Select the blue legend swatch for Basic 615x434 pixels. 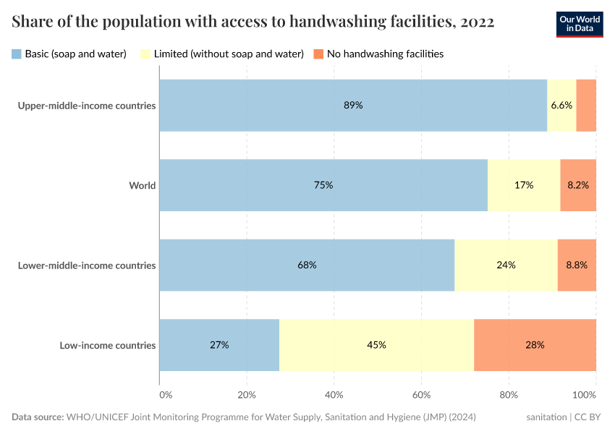coord(17,54)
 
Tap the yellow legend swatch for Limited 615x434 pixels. coord(145,54)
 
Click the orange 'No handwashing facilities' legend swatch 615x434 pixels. coord(318,54)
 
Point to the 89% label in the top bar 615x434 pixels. coord(353,105)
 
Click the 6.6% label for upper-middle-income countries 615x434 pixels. coord(561,105)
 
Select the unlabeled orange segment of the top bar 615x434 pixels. coord(586,105)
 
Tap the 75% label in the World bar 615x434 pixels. coord(323,185)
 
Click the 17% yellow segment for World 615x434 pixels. coord(524,185)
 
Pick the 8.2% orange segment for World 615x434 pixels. coord(578,185)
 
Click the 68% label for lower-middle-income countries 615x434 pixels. coord(307,265)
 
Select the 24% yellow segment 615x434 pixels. coord(506,265)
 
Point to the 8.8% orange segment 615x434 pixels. coord(577,265)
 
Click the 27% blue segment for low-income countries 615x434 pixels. coord(219,345)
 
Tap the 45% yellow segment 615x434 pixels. coord(376,345)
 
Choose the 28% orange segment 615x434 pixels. coord(535,345)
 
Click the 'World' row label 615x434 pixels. coord(142,185)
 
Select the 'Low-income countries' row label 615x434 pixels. coord(107,345)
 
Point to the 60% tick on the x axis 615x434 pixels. coord(422,395)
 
